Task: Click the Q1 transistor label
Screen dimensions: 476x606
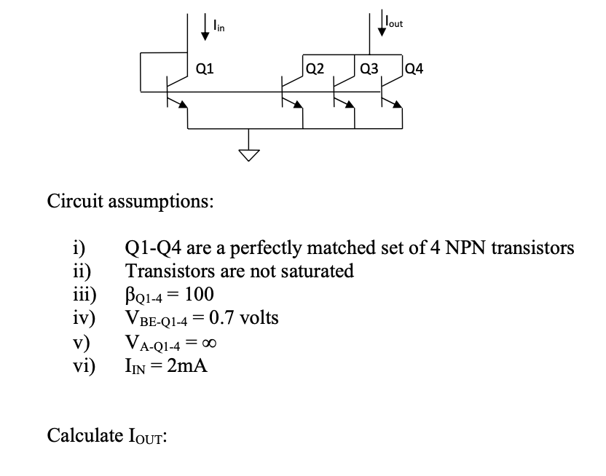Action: click(205, 70)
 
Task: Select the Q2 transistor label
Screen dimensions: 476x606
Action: click(315, 70)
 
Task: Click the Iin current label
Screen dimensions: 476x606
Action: click(219, 27)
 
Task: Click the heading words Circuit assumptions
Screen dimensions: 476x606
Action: click(130, 200)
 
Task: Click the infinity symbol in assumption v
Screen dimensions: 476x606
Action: click(209, 343)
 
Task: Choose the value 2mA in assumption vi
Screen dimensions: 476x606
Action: click(187, 366)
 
